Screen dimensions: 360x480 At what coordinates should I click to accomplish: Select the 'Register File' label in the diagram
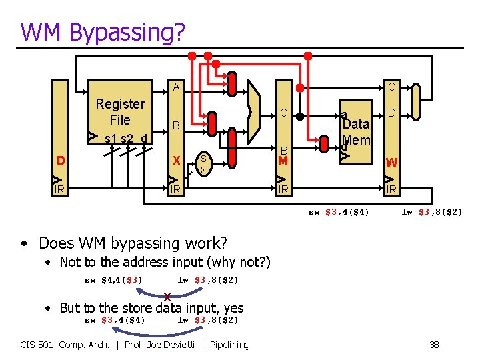click(120, 112)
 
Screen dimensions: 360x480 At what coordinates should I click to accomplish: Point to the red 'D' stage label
click(61, 161)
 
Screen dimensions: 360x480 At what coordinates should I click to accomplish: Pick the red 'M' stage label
click(283, 161)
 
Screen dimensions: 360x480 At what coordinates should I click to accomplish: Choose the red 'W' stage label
click(392, 162)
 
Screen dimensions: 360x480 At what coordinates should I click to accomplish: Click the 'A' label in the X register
click(176, 87)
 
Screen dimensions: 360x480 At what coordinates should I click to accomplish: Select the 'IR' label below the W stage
click(392, 190)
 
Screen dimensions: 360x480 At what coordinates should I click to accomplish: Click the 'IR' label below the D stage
click(61, 190)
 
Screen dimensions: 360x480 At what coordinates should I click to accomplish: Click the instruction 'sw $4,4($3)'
click(113, 279)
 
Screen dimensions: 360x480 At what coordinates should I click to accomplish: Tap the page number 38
click(434, 345)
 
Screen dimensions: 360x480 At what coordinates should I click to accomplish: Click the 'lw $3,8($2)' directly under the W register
click(432, 212)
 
